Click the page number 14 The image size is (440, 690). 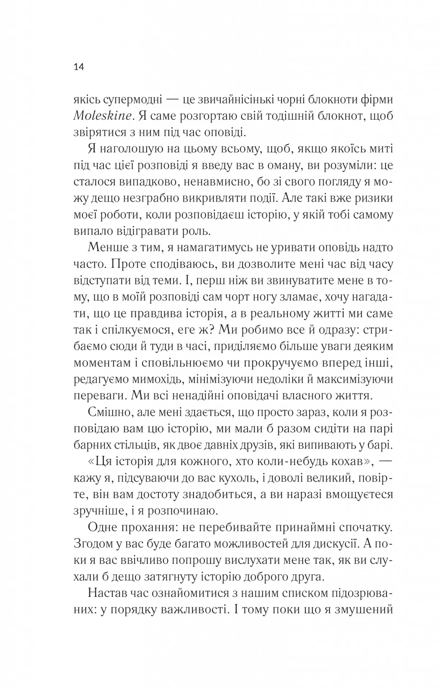[79, 67]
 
